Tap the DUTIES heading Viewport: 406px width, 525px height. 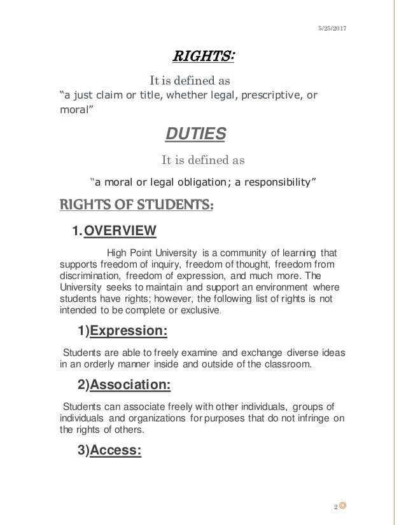pyautogui.click(x=195, y=134)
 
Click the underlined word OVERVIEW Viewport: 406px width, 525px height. pyautogui.click(x=121, y=231)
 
